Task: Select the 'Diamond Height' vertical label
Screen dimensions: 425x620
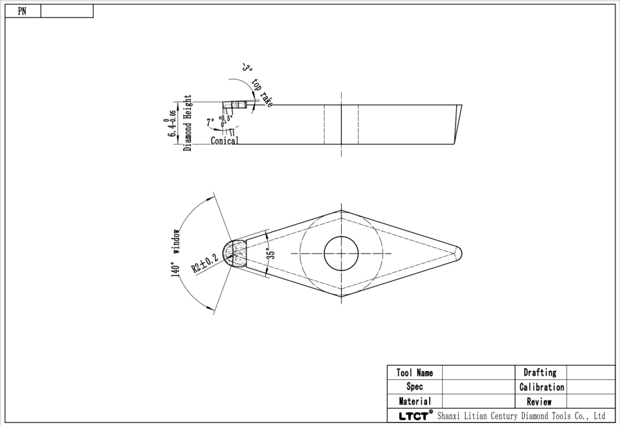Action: coord(188,123)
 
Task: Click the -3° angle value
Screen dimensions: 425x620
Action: coord(246,66)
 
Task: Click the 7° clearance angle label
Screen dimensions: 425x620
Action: coord(210,122)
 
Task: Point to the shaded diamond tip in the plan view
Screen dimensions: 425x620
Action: coord(235,254)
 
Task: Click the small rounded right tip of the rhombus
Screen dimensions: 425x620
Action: coord(460,253)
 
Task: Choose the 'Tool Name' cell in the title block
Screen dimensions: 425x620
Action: coord(415,373)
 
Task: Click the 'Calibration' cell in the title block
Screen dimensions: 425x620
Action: coord(541,387)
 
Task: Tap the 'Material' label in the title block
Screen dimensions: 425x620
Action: coord(415,402)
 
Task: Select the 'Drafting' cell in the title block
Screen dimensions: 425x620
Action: coord(540,373)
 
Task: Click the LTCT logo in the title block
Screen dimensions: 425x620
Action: coord(411,416)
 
